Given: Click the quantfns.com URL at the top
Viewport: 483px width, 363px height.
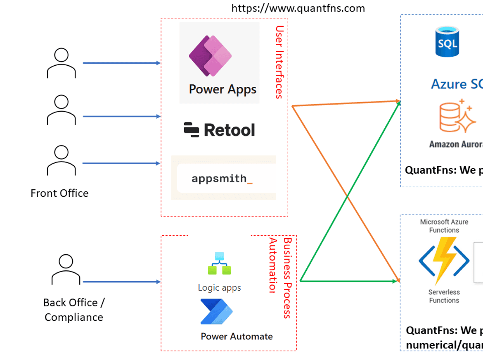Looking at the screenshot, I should [298, 8].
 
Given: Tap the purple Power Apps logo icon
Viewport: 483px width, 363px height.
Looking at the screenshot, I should [210, 56].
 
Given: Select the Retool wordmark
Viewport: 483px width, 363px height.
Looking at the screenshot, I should [220, 130].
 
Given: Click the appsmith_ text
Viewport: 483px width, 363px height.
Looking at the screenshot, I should [222, 179].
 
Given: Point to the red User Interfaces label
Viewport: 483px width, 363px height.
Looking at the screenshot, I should [279, 62].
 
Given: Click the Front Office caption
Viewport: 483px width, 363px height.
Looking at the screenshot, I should [59, 193].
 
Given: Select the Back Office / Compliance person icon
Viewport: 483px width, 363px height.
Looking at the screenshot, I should [66, 270].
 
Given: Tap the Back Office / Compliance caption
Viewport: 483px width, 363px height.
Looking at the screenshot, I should [74, 310].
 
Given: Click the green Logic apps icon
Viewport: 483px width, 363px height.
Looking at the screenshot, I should [219, 263].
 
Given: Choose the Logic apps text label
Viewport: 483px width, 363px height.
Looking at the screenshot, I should [219, 288].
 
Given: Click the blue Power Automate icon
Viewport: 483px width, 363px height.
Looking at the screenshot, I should [216, 312].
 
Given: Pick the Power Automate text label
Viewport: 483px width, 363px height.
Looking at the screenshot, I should [237, 337].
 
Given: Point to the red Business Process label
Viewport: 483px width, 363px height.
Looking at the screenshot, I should [288, 278].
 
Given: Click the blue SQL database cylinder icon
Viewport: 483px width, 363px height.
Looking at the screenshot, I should [447, 41].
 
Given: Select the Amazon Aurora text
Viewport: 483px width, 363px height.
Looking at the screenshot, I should [456, 144].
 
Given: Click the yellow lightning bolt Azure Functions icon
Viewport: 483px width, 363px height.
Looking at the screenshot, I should [444, 261].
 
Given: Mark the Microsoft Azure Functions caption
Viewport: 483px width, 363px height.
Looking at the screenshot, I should [444, 226].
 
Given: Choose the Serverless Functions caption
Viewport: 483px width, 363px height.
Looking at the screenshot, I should [444, 296].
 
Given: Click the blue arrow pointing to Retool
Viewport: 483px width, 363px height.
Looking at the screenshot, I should [122, 117].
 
